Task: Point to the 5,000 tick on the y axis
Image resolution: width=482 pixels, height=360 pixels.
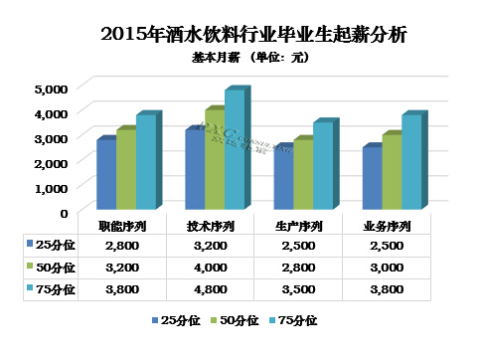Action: coord(51,89)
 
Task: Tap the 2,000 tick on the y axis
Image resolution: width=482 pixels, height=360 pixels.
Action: coord(51,162)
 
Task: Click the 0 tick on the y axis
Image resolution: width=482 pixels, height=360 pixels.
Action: coord(63,212)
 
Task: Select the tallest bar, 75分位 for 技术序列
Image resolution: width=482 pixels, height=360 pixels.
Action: coord(234,149)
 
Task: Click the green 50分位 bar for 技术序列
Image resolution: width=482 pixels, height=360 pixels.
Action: coord(214,159)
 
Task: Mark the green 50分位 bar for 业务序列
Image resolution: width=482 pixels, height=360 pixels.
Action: coord(392,171)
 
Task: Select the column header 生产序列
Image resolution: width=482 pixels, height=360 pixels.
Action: coord(299,226)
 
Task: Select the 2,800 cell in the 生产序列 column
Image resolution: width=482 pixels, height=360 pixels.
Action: coord(299,268)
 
